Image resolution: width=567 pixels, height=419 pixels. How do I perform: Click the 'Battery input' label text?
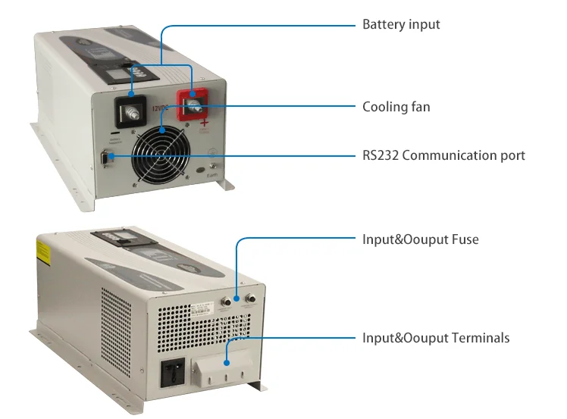coord(401,25)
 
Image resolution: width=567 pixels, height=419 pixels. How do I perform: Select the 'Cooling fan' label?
coord(396,107)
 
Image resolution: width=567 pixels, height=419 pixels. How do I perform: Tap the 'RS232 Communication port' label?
coord(443,155)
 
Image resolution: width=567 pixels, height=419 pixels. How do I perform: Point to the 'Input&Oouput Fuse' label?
coord(420,239)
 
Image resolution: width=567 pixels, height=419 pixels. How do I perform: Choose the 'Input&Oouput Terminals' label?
coord(436,337)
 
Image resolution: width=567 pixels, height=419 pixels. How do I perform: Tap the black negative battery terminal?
coord(130,113)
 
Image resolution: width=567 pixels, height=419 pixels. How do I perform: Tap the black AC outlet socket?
coord(171,373)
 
